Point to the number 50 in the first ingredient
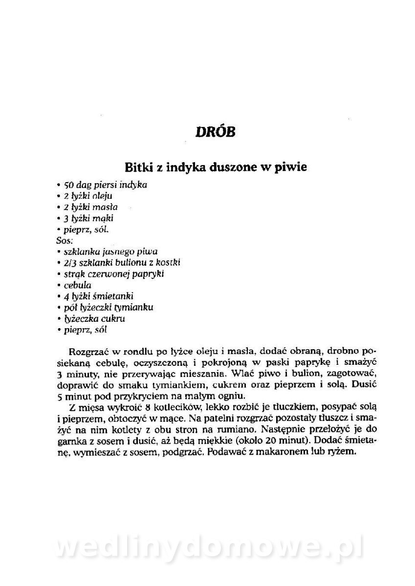69,185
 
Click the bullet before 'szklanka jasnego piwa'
59,252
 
